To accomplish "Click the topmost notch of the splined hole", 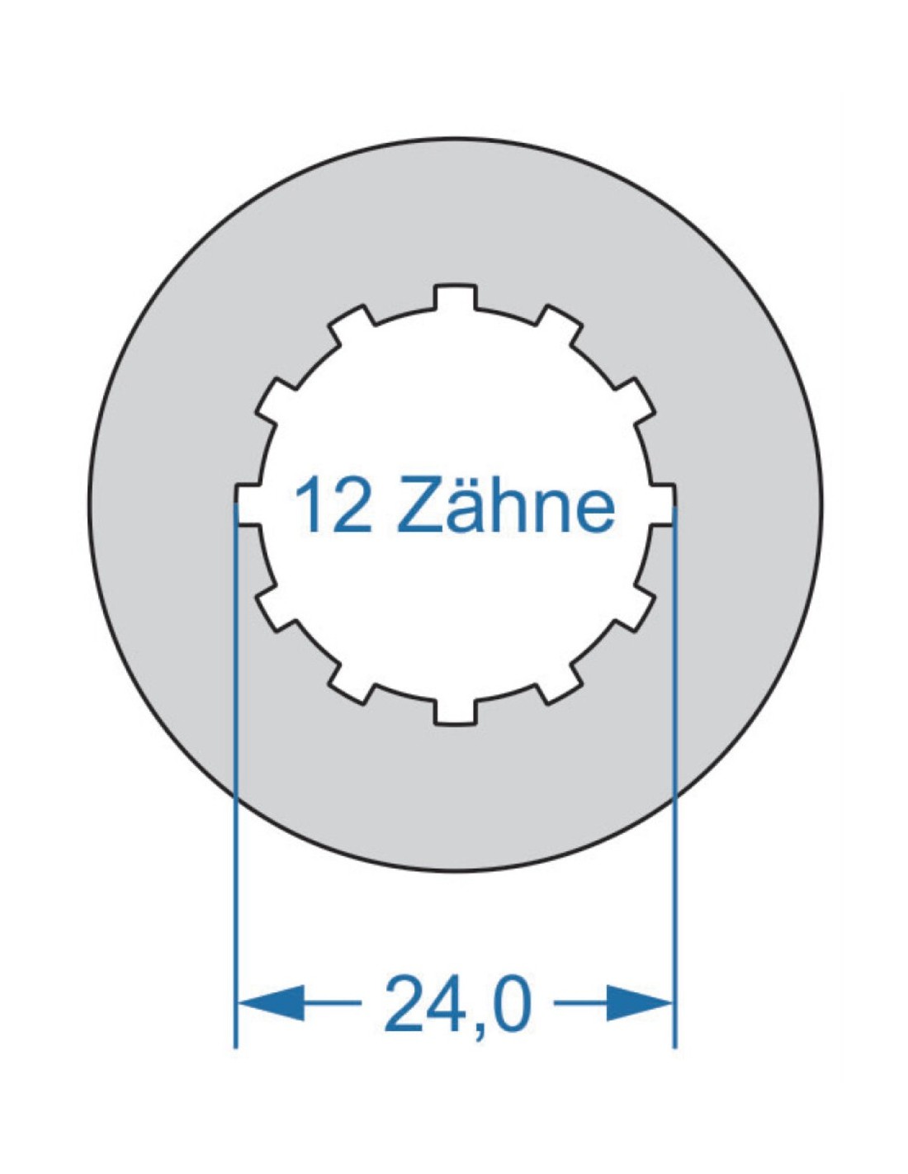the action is (x=455, y=298).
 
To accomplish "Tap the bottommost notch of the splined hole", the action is (x=455, y=711).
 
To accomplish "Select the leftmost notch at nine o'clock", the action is (x=249, y=504).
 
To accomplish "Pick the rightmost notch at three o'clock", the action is (x=662, y=504).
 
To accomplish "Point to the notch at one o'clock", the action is (x=559, y=325).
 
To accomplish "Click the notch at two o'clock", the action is (x=634, y=401).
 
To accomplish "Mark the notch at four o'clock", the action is (x=634, y=608).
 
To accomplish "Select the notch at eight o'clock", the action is (x=277, y=608).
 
